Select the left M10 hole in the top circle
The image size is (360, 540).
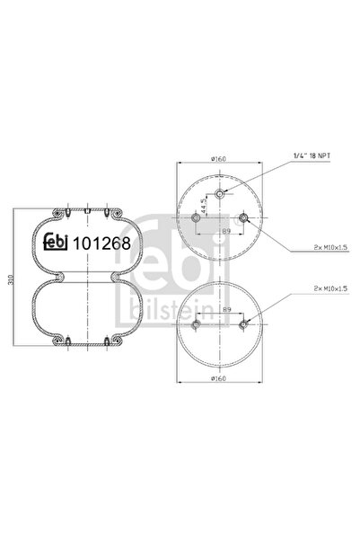click(x=196, y=218)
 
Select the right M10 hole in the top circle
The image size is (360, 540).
click(x=243, y=218)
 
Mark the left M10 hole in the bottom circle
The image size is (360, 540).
click(x=196, y=328)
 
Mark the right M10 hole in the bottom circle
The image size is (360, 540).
click(x=243, y=328)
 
